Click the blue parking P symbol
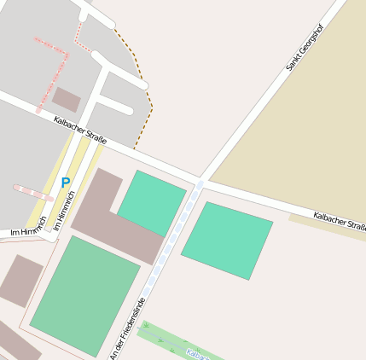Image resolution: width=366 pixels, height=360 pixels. point(65,183)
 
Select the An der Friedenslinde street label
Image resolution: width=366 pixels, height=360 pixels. point(128,328)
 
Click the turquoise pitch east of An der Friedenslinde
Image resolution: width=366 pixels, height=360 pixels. point(227,240)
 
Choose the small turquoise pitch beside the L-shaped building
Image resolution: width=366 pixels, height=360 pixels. point(152,203)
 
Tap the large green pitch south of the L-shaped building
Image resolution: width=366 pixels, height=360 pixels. point(84,295)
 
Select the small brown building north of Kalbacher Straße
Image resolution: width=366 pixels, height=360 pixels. point(66,101)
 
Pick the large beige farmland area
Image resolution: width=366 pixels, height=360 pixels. point(306,128)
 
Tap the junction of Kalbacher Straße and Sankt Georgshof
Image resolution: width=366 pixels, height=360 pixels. point(200,182)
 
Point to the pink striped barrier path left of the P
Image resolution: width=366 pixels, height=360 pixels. point(33,193)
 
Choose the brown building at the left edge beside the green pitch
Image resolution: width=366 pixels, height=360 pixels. point(20,280)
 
